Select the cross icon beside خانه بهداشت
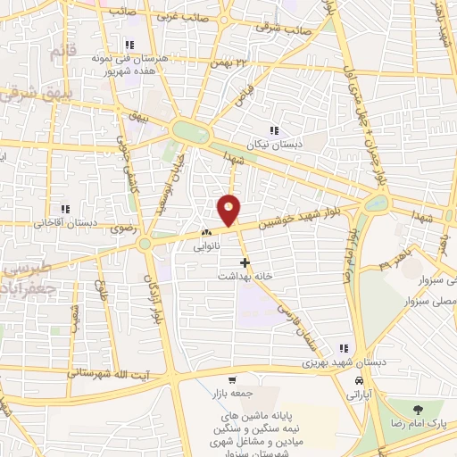pos(244,262)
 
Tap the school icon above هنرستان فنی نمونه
pos(129,45)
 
